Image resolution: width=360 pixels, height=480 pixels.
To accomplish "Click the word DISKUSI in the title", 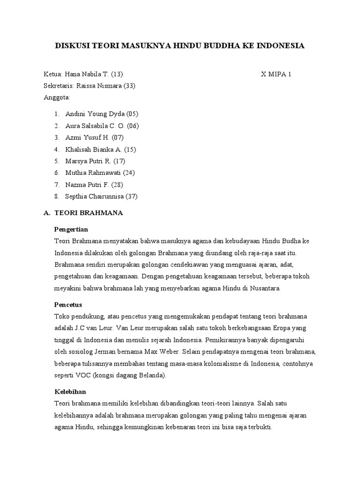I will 73,45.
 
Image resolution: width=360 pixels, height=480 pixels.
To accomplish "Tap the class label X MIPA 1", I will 276,74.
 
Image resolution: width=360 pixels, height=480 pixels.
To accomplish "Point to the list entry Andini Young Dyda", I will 95,114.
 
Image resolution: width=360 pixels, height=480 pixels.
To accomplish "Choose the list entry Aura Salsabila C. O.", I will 96,126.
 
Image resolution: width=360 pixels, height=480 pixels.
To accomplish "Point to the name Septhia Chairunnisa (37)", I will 101,196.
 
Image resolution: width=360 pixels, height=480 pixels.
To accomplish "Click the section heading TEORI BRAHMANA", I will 89,213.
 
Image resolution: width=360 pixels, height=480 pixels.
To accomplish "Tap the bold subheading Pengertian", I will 71,229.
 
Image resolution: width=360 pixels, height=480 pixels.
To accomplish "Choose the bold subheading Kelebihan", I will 70,391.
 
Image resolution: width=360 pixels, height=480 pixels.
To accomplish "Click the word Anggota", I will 56,97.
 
